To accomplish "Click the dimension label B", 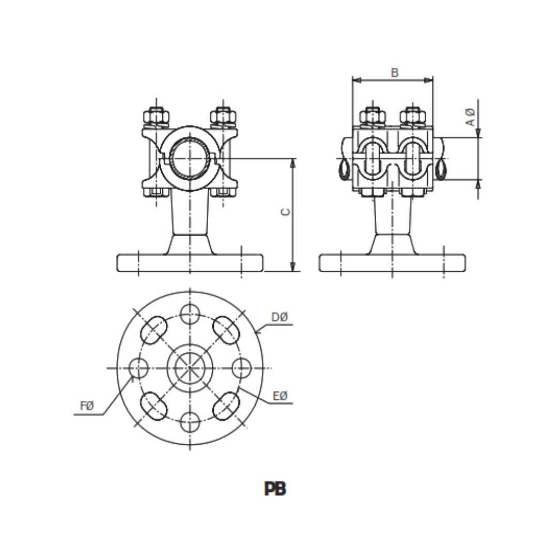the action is pos(395,73).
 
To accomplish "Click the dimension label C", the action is pos(286,212).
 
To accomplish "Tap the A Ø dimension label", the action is pos(471,117).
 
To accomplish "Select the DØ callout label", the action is pos(280,317).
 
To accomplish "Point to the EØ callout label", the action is pos(280,396).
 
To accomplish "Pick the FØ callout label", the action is pos(87,406).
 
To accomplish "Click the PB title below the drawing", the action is pos(275,489).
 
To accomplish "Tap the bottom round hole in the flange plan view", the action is pos(190,422).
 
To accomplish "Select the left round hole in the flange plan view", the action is pos(138,368).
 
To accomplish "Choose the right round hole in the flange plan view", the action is pos(242,368).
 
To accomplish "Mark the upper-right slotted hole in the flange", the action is pos(226,330).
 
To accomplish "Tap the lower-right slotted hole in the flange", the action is pos(226,406).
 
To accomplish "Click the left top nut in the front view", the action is pos(156,116).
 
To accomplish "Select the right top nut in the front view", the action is pos(223,116).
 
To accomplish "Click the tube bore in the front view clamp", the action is pos(190,159).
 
